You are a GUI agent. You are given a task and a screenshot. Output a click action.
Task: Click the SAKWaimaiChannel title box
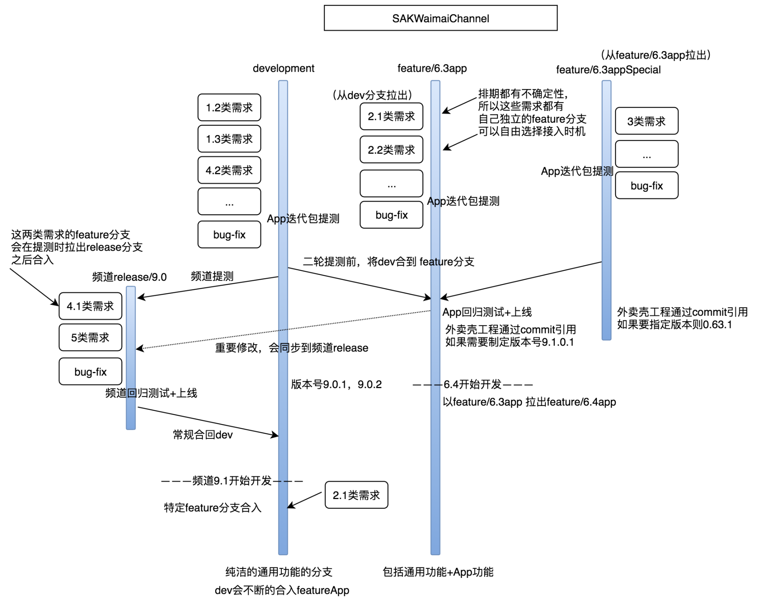click(x=440, y=18)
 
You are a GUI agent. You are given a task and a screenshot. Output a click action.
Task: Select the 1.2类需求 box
click(x=229, y=107)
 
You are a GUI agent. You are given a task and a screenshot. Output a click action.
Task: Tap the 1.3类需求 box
click(x=229, y=139)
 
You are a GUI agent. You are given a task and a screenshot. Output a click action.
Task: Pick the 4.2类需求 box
click(x=229, y=170)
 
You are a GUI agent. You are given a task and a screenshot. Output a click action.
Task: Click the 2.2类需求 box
click(x=391, y=150)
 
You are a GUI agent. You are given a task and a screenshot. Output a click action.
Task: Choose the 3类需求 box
click(x=646, y=121)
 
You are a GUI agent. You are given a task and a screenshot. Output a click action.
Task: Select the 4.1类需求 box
click(x=90, y=306)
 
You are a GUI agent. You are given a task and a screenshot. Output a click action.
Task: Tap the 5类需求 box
click(x=90, y=337)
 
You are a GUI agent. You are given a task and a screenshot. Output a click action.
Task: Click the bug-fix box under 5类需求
click(x=90, y=372)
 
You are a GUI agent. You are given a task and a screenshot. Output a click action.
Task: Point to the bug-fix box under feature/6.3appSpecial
click(x=646, y=186)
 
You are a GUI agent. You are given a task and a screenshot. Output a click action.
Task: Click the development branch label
click(x=283, y=69)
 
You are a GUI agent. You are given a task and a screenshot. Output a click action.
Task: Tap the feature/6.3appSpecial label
click(x=608, y=70)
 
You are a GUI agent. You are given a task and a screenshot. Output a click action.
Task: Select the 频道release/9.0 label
click(x=129, y=277)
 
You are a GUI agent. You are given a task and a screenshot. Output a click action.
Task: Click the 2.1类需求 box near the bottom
click(x=356, y=495)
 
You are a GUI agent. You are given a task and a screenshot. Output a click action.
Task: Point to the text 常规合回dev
click(x=203, y=435)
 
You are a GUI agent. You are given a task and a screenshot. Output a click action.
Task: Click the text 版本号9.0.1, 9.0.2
click(x=336, y=385)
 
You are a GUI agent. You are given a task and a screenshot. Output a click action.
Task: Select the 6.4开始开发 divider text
click(x=472, y=385)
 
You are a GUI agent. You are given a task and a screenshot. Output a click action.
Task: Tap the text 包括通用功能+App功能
click(x=438, y=572)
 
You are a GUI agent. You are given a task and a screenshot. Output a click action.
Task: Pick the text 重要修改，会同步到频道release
click(x=291, y=348)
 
